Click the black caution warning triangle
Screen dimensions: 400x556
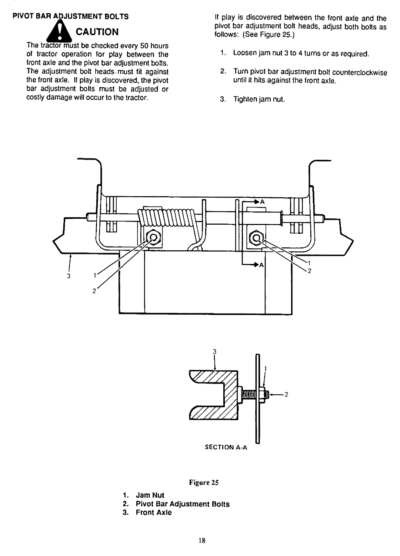tap(59, 32)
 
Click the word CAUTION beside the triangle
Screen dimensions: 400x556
tap(97, 32)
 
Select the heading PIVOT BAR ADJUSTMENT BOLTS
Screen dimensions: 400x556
tap(70, 17)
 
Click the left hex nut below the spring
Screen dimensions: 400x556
tap(153, 238)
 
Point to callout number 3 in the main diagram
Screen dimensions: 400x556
tap(69, 276)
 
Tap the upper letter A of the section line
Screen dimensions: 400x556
tap(262, 202)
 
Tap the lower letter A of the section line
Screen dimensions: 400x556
tap(261, 265)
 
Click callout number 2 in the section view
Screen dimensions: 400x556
tap(286, 394)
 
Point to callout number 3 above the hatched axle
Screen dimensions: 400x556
tap(214, 351)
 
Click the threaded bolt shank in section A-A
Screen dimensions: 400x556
tap(248, 394)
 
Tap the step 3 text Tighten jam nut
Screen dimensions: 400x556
tap(259, 99)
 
